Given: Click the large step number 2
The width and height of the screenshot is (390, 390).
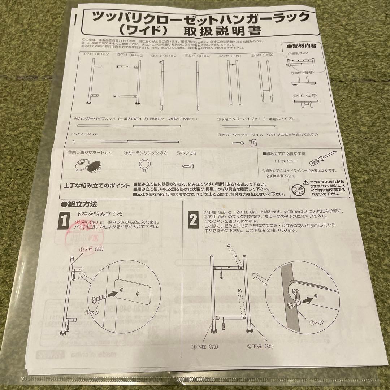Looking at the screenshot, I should [193, 219].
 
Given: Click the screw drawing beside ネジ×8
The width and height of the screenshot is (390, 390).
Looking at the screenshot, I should [189, 165].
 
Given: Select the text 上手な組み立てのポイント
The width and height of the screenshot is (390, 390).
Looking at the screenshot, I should [97, 185].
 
